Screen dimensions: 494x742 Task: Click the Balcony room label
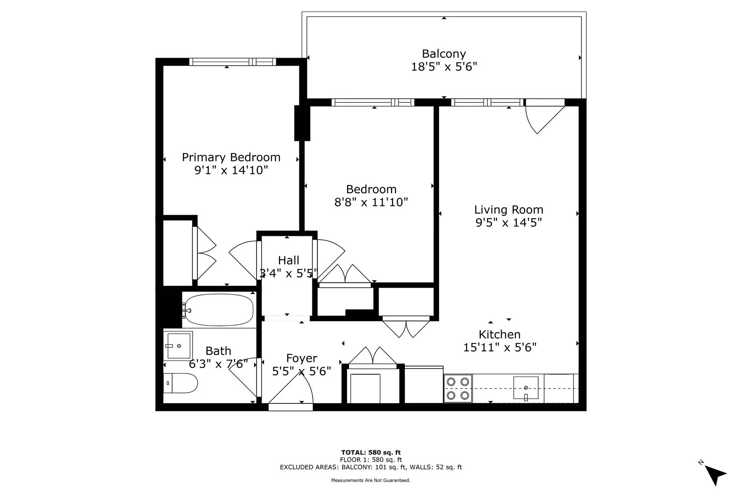coord(443,54)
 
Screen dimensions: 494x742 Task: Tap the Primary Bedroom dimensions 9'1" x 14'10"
coord(231,170)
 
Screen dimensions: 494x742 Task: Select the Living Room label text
coord(508,210)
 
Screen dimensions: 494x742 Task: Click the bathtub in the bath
coord(219,310)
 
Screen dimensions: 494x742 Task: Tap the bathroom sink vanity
coord(178,346)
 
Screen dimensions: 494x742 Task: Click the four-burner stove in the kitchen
coord(458,388)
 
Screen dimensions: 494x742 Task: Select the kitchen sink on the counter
coord(526,388)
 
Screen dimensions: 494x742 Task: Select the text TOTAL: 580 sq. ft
coord(371,452)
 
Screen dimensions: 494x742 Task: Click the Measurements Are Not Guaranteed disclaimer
coord(371,480)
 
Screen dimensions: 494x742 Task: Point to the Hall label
coord(288,260)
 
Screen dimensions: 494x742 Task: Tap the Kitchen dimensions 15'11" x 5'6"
coord(500,347)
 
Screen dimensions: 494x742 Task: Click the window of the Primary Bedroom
coord(232,62)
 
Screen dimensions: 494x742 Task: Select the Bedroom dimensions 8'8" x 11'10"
coord(371,202)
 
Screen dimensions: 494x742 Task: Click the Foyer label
coord(301,358)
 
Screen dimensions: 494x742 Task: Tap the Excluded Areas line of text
coord(371,467)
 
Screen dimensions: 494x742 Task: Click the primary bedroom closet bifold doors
coord(205,253)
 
